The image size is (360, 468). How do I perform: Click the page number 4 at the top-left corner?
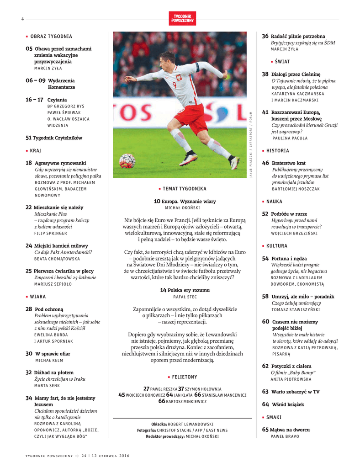[x=22, y=19]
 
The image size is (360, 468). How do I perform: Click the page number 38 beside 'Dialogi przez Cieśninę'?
[x=265, y=74]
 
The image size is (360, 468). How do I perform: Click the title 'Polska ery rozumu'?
[x=188, y=290]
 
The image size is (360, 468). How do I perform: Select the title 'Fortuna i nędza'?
[x=289, y=258]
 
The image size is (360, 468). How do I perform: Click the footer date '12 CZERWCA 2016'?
[x=110, y=455]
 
